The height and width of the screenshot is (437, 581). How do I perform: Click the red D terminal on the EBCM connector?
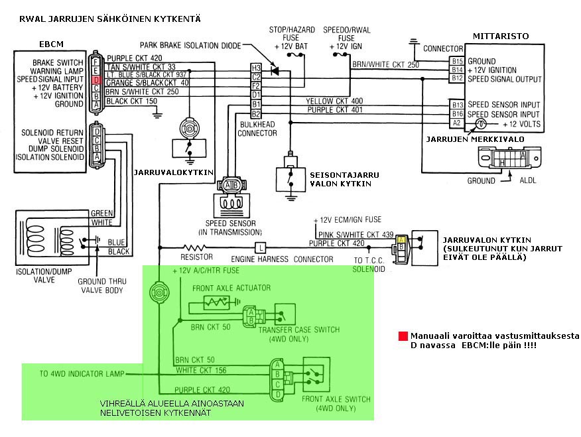pyautogui.click(x=96, y=80)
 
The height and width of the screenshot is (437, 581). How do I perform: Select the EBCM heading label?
pyautogui.click(x=50, y=44)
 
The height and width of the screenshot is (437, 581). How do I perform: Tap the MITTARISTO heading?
pyautogui.click(x=500, y=35)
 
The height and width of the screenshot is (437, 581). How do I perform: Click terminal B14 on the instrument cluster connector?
pyautogui.click(x=457, y=70)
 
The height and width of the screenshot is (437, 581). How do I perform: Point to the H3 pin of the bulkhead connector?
pyautogui.click(x=255, y=68)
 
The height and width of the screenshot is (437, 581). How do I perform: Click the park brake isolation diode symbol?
pyautogui.click(x=275, y=69)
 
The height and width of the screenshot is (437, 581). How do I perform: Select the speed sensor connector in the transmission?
pyautogui.click(x=231, y=185)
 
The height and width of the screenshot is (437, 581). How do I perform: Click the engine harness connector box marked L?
pyautogui.click(x=261, y=247)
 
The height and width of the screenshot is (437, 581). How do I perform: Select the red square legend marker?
pyautogui.click(x=403, y=336)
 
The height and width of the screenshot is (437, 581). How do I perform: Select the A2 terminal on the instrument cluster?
pyautogui.click(x=457, y=123)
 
